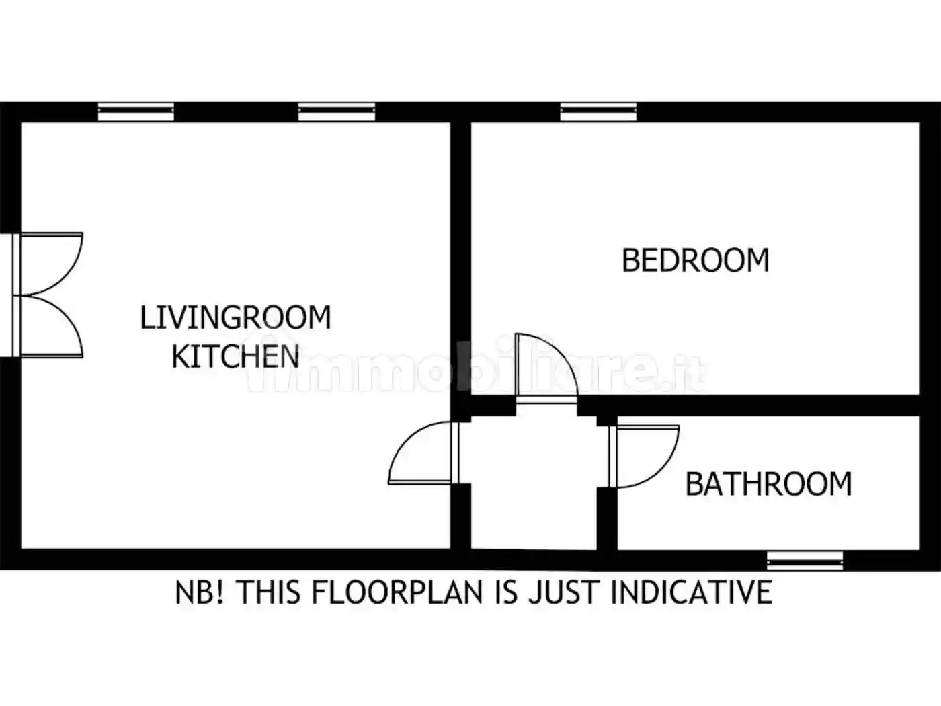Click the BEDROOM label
tap(696, 260)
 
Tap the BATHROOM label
tap(769, 484)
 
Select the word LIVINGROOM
tap(236, 317)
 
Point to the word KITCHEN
tap(235, 356)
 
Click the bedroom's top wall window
tap(598, 112)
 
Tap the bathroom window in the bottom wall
tap(805, 561)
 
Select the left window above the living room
tap(136, 112)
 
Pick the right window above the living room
tap(337, 112)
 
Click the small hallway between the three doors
tap(534, 482)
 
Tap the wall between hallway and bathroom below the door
tap(607, 518)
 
